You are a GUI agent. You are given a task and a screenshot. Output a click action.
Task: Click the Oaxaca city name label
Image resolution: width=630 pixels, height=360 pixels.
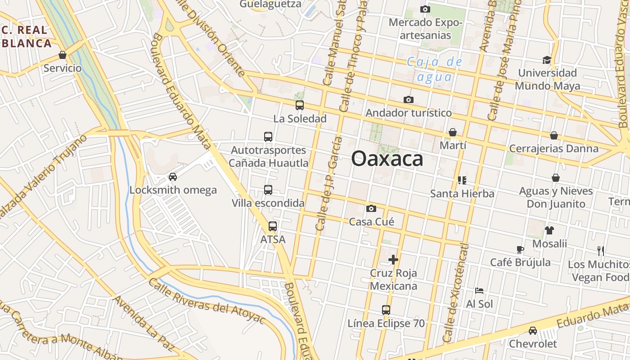(387, 159)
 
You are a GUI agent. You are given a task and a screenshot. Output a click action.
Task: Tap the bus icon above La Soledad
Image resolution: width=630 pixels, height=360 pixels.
(299, 105)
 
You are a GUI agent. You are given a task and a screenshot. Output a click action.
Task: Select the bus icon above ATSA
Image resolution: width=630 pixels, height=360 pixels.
(273, 226)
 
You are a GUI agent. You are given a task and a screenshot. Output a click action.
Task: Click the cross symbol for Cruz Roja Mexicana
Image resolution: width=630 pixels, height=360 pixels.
(393, 259)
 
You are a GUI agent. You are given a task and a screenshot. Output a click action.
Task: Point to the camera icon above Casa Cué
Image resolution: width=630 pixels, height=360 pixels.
(371, 208)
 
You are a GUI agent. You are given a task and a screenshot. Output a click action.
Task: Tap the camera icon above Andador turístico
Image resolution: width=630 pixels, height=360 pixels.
(409, 99)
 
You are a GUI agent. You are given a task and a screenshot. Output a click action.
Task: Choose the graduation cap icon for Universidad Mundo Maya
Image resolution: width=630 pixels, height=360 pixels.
(547, 60)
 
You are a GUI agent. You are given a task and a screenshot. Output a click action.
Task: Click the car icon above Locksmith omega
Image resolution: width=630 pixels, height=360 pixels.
(173, 177)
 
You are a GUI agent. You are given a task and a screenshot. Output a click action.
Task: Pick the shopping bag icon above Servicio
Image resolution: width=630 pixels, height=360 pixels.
(63, 55)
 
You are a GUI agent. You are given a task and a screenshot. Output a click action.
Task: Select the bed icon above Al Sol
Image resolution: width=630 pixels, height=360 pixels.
(479, 291)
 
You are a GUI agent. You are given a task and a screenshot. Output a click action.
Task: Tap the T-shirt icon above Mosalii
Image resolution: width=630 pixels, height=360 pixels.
(549, 230)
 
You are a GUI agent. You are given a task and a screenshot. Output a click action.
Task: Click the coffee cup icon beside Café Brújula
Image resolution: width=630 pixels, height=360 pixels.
(520, 249)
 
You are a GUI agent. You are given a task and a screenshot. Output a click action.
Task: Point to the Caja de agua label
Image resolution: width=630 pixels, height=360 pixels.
(434, 69)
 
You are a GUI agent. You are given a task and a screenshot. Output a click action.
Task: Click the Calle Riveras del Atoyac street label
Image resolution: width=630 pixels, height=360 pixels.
(207, 301)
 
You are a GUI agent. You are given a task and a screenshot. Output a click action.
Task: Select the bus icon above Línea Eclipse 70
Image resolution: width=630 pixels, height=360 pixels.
(386, 310)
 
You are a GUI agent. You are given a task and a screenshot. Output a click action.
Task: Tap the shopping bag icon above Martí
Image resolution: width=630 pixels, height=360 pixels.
(453, 132)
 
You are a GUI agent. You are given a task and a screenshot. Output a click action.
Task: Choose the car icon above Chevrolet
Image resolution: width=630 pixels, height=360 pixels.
(533, 331)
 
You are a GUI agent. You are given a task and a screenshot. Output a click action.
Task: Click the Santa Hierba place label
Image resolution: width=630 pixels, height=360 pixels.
(462, 193)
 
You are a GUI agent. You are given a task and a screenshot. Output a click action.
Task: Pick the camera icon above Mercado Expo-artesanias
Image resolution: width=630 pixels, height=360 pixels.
(425, 9)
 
